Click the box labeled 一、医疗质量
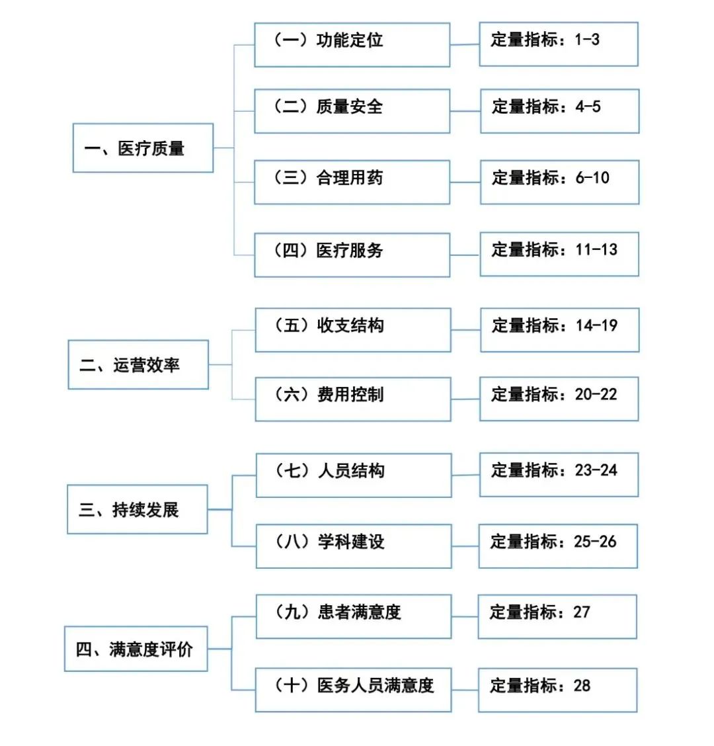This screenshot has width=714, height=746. [143, 148]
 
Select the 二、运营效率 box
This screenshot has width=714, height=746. [138, 364]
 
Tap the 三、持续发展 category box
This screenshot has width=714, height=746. [138, 509]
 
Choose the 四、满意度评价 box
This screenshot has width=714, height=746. [136, 649]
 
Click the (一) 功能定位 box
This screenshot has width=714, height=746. [352, 44]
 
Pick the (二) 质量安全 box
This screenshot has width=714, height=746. [352, 111]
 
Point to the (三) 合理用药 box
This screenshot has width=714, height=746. [352, 182]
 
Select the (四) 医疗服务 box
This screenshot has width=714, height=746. [352, 255]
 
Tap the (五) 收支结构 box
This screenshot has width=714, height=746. [353, 329]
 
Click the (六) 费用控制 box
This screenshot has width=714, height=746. [353, 399]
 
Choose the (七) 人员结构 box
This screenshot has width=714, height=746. [354, 475]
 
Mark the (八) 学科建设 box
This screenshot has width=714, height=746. [354, 546]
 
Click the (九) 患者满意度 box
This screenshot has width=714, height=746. [354, 616]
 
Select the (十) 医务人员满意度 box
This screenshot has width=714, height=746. [354, 690]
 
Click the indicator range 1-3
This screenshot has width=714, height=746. [587, 40]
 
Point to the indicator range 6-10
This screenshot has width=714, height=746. [592, 178]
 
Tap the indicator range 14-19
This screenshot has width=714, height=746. [596, 325]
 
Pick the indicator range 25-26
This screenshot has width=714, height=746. [595, 542]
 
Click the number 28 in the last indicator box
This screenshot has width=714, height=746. [582, 686]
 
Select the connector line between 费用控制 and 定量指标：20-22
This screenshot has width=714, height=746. [465, 399]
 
